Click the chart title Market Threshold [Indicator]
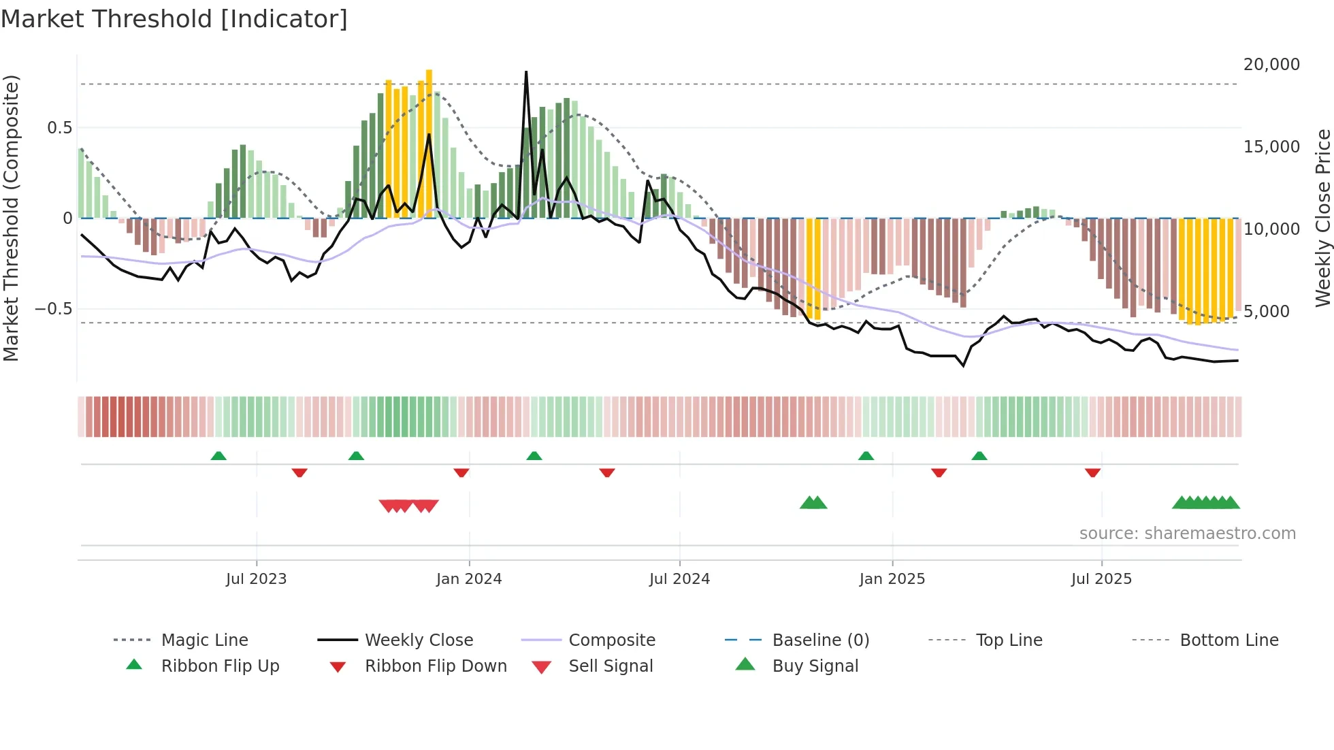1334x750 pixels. [174, 19]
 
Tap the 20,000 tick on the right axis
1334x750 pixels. [1271, 65]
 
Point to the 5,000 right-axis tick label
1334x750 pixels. [1266, 312]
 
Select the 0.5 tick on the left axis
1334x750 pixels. [59, 128]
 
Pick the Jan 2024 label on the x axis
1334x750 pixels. [469, 579]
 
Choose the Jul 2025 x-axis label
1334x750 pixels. [1101, 579]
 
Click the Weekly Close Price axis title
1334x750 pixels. [1322, 218]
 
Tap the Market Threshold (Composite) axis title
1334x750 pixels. [12, 218]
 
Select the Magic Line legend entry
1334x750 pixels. [204, 640]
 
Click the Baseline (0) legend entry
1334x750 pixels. [820, 640]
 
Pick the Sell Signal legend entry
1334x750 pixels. [610, 666]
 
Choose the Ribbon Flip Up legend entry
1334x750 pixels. [220, 666]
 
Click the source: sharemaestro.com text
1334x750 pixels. [1187, 534]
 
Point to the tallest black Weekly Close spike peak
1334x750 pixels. [526, 72]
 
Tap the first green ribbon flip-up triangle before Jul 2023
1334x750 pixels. [218, 456]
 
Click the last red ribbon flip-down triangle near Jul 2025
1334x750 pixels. [1092, 473]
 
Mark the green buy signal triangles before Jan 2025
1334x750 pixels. [813, 503]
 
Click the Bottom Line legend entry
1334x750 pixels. [1229, 640]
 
